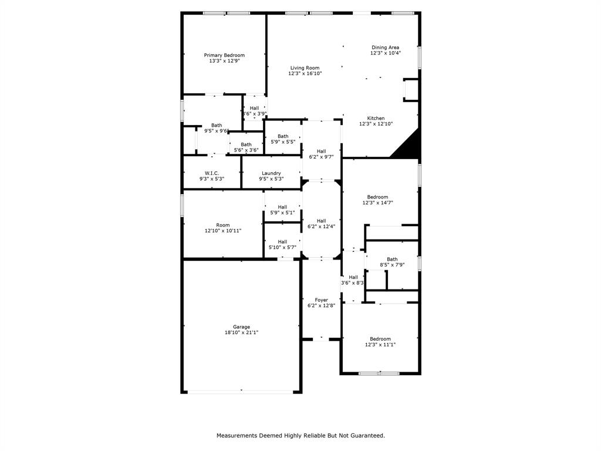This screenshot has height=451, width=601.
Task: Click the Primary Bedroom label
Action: [224, 55]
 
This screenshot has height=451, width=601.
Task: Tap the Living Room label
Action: [305, 68]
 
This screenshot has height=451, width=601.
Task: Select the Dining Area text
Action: [386, 48]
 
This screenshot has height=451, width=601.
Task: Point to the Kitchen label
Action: [376, 118]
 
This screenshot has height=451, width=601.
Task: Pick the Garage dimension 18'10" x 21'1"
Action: [241, 332]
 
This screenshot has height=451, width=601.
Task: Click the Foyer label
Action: [321, 300]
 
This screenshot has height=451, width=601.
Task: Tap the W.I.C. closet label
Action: [212, 173]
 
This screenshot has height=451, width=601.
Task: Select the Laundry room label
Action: [271, 173]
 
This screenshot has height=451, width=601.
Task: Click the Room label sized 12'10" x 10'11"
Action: [222, 225]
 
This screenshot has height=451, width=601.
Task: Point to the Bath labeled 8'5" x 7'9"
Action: [391, 260]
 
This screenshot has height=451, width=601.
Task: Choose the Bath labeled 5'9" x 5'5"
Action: [283, 136]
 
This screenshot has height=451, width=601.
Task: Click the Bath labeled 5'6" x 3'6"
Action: [246, 144]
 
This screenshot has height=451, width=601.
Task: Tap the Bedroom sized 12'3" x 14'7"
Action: [377, 197]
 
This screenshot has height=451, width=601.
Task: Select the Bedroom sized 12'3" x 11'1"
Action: [380, 339]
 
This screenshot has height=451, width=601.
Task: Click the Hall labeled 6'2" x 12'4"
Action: [321, 221]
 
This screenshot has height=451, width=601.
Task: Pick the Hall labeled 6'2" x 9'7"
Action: [321, 152]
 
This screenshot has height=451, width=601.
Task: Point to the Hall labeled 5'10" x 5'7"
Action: [282, 241]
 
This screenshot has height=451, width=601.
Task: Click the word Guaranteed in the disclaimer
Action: [366, 436]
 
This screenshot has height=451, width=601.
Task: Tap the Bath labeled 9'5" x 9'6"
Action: [217, 125]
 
